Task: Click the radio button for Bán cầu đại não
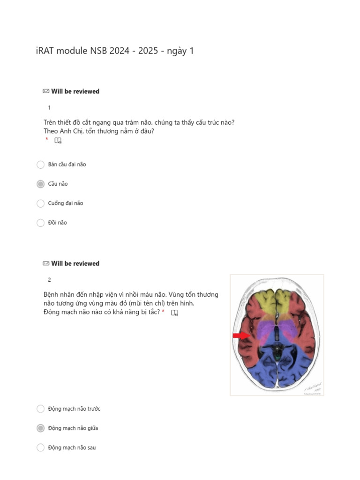(40, 165)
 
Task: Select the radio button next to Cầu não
(40, 184)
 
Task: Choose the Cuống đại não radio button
(40, 203)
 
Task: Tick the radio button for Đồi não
(40, 223)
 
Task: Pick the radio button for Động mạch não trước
(40, 409)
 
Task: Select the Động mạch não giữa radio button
(40, 428)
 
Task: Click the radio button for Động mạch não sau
(40, 448)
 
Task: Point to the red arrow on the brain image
(241, 335)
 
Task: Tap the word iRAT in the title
(45, 51)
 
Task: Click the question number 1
(50, 108)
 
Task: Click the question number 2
(50, 280)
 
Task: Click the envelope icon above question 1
(46, 91)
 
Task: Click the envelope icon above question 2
(46, 263)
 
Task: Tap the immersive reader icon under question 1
(58, 140)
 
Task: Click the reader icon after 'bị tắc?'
(174, 313)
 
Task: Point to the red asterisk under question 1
(47, 140)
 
